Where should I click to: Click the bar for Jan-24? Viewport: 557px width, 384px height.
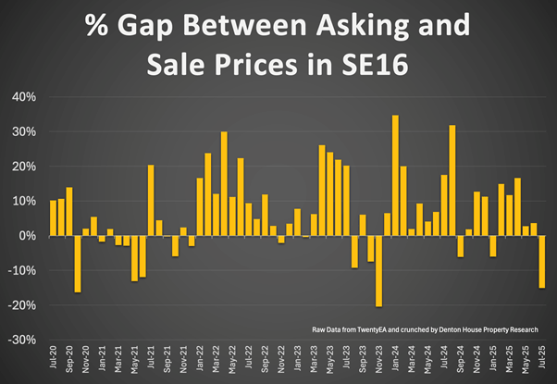(x=395, y=176)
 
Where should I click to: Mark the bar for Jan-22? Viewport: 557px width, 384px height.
(x=200, y=206)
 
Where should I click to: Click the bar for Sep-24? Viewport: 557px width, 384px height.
(x=460, y=246)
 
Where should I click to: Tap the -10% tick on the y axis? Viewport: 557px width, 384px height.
(x=23, y=270)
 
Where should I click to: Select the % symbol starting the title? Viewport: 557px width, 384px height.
(x=98, y=25)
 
